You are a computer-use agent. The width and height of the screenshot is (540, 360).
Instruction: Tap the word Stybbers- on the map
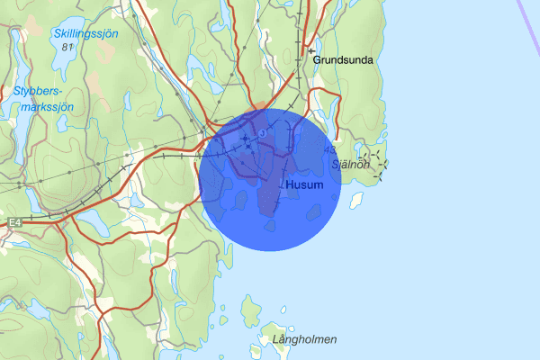click(39, 91)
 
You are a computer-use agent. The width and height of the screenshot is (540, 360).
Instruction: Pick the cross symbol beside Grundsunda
click(312, 53)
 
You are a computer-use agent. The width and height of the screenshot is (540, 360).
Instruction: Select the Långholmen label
click(304, 339)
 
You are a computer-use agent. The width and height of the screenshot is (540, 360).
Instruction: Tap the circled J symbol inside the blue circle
click(262, 133)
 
